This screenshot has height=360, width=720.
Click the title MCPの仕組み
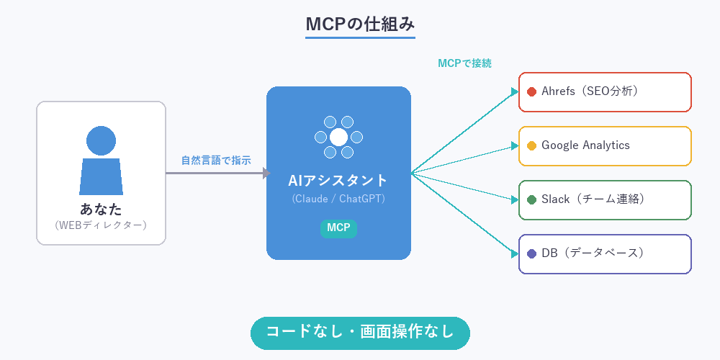[x=360, y=24]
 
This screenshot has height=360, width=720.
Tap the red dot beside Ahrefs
[x=532, y=91]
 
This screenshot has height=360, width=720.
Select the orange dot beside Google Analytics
[x=532, y=145]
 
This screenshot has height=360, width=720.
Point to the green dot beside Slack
[x=532, y=199]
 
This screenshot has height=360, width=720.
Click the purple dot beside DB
[x=532, y=253]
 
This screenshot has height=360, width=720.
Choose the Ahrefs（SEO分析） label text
[x=590, y=91]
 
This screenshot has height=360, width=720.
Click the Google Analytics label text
[x=585, y=145]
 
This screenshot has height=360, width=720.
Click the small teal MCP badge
[x=338, y=228]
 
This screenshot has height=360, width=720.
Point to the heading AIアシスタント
[x=338, y=181]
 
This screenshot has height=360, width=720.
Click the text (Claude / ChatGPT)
[x=338, y=199]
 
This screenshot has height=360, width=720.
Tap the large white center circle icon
[x=338, y=137]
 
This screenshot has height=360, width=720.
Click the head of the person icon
[x=101, y=141]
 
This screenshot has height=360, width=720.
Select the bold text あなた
[x=101, y=210]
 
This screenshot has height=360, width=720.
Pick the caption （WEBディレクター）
[x=101, y=225]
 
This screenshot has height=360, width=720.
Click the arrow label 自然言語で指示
[x=216, y=161]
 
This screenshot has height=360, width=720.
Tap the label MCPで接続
[x=465, y=63]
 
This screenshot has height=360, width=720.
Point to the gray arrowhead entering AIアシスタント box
[x=266, y=173]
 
